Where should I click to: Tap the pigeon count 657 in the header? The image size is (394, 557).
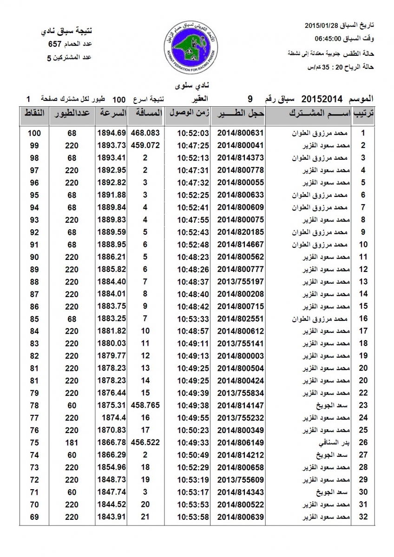tap(55, 45)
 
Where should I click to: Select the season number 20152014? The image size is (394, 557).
tap(322, 99)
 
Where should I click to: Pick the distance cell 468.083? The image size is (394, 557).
tap(145, 133)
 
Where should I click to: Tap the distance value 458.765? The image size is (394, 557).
tap(145, 406)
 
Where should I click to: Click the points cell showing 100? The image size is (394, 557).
tap(34, 133)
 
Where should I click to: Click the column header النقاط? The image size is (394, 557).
tap(34, 114)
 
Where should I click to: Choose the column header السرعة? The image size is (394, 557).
tap(112, 114)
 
